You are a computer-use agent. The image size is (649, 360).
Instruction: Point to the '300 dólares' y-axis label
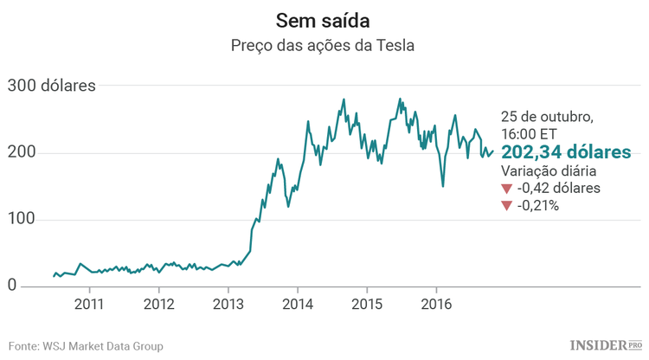[x=51, y=86]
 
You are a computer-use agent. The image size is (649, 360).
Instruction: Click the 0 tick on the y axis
[x=13, y=286]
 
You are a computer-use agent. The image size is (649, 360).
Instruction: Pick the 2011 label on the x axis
[x=89, y=305]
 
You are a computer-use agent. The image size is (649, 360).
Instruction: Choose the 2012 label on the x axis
[x=158, y=305]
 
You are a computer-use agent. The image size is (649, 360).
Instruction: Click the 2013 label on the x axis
[x=228, y=305]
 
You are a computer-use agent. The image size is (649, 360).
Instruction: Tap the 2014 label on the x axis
[x=297, y=305]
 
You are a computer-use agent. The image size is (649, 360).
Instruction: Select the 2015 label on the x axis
[x=366, y=305]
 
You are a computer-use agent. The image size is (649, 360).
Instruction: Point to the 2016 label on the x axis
[x=435, y=305]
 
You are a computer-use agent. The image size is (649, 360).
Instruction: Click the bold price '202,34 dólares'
[x=566, y=152]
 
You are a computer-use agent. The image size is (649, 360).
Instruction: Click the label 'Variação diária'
[x=549, y=171]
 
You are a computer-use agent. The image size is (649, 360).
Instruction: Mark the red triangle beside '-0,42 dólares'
[x=507, y=189]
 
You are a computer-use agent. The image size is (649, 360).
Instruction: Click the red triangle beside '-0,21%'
[x=507, y=206]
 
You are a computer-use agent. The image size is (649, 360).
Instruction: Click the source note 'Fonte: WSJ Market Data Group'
[x=86, y=346]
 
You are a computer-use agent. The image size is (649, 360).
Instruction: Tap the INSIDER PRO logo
[x=606, y=345]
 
